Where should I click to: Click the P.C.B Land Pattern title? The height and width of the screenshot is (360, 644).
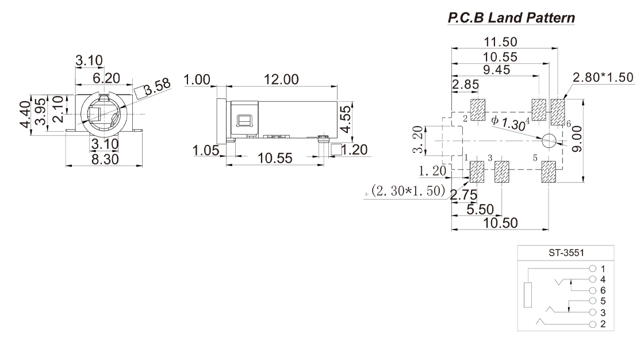tap(511, 18)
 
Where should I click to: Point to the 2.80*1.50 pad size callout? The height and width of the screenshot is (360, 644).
tap(602, 78)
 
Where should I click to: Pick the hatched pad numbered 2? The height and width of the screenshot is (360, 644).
tap(478, 110)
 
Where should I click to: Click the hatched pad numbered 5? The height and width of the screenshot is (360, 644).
tap(549, 173)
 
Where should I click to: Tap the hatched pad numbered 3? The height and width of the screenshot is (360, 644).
tap(502, 173)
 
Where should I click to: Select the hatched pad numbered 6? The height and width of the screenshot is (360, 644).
tap(558, 112)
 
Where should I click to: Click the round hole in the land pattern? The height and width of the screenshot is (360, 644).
tap(549, 141)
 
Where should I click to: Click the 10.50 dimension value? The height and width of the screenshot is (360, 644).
tap(499, 223)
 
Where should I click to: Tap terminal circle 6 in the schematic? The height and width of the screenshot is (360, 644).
tap(592, 290)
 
